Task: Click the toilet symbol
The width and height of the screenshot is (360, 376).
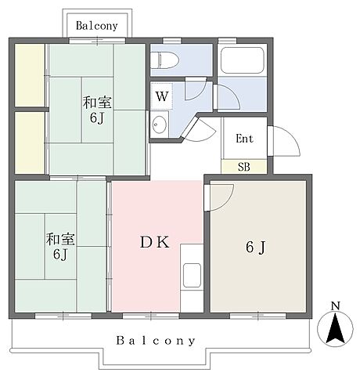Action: [165, 60]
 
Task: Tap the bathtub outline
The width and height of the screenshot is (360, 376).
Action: [243, 60]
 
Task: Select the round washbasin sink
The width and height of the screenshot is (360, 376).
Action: [159, 124]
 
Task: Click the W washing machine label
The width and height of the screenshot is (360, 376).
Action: [162, 96]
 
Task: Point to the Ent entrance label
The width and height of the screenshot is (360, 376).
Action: [244, 139]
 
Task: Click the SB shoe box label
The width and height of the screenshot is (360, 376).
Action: [244, 167]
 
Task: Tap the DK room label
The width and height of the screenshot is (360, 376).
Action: [155, 242]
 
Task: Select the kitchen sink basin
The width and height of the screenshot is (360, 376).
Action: [192, 275]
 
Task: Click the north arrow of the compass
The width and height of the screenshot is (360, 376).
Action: [335, 329]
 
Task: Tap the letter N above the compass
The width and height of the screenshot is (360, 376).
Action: [336, 305]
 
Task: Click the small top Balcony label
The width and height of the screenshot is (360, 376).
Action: [97, 26]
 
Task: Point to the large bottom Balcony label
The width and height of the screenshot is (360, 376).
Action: [156, 341]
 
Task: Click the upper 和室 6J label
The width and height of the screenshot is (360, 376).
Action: [97, 110]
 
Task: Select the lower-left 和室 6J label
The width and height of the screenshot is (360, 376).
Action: [60, 247]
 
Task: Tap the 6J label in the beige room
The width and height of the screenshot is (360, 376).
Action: [256, 247]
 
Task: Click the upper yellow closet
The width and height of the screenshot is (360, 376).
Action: [30, 75]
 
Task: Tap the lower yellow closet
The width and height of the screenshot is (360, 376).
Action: [30, 143]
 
